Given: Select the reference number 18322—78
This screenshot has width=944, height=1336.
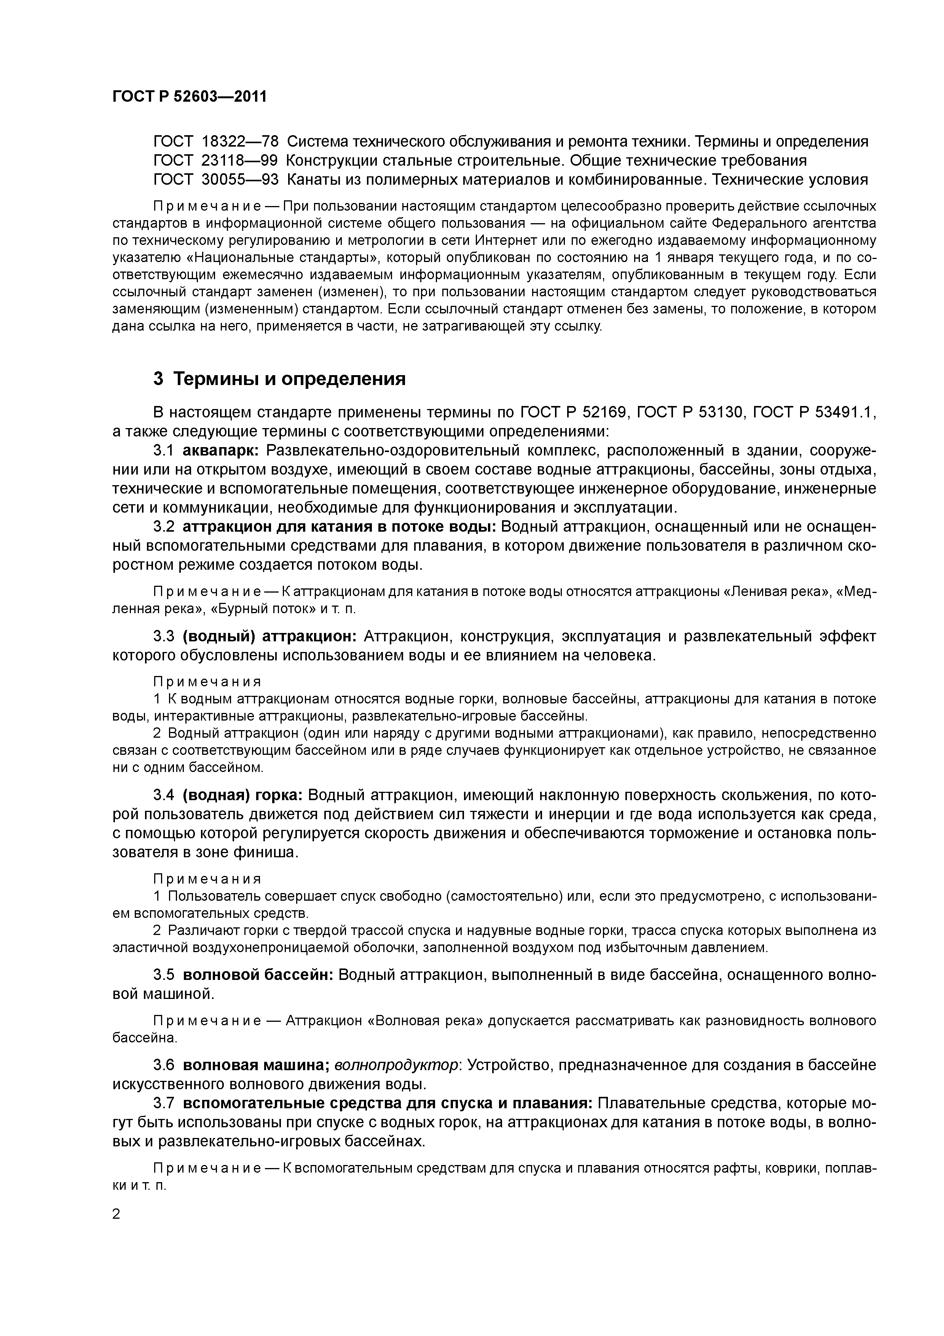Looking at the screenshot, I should coord(240,141).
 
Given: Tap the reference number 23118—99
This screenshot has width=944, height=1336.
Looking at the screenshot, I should coord(240,161).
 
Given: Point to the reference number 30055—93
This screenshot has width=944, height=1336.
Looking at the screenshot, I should coord(240,180).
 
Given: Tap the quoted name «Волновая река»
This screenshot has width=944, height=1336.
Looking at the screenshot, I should coord(426,1021).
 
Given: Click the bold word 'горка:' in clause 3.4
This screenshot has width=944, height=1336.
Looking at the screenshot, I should coord(276,795).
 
